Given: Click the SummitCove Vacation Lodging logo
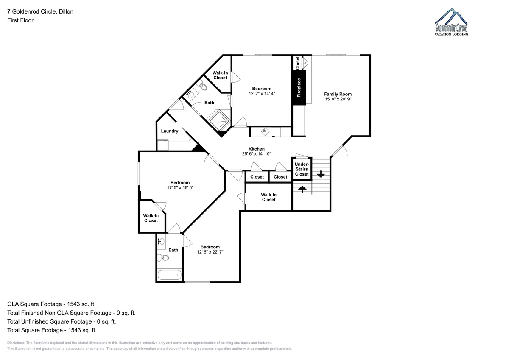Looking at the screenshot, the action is (451, 22).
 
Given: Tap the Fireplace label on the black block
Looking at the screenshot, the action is (299, 88).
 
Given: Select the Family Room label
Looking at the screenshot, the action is (338, 94).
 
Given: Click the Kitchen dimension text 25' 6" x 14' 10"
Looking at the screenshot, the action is (257, 154).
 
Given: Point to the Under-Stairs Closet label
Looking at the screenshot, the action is (302, 169).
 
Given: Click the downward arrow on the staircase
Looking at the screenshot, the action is (321, 174).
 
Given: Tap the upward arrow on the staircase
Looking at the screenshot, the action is (302, 189).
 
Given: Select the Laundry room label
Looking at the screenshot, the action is (170, 131).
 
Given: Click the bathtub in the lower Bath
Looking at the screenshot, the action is (170, 275).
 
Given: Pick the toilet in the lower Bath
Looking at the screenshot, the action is (163, 258).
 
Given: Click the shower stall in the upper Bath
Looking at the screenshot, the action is (219, 121).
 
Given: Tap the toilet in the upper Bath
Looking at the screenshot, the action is (202, 86).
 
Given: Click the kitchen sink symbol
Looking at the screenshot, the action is (265, 131).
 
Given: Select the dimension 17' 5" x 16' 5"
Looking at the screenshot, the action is (180, 187).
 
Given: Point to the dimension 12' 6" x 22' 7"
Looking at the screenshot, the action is (210, 252).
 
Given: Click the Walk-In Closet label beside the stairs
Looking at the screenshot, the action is (268, 197).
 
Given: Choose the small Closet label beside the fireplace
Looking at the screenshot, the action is (297, 63).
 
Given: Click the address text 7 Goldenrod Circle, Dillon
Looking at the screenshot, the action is (40, 11).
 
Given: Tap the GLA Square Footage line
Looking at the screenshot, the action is (51, 304).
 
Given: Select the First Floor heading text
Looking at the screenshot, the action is (20, 20).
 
